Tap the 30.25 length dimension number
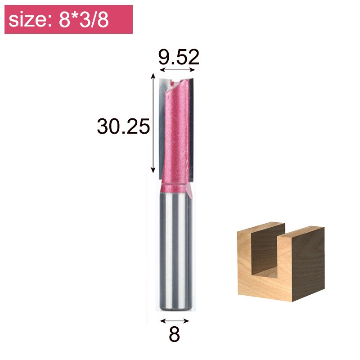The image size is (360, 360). [123, 127]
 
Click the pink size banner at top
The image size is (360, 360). [68, 19]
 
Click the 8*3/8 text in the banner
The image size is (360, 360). [84, 20]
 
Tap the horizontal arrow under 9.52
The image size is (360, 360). [179, 70]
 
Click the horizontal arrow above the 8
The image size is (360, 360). [175, 321]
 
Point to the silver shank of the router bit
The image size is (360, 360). [175, 252]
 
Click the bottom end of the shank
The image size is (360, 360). [175, 308]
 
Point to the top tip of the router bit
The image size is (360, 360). [176, 80]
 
